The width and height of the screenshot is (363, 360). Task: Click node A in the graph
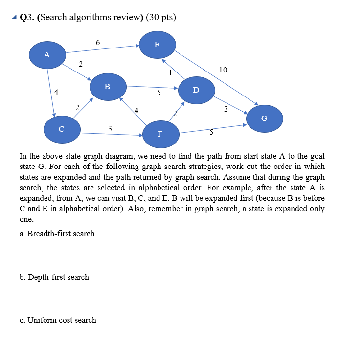[x=47, y=55]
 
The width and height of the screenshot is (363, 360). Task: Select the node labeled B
[x=108, y=87]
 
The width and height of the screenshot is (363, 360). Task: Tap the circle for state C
[x=62, y=129]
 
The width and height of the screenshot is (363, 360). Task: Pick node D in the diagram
[x=196, y=90]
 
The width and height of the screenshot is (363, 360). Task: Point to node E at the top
[x=157, y=44]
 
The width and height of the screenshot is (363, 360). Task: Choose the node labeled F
[x=160, y=134]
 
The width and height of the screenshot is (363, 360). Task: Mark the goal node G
[x=264, y=118]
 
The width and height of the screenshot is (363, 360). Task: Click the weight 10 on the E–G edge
[x=223, y=70]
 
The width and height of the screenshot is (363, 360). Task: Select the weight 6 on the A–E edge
[x=98, y=43]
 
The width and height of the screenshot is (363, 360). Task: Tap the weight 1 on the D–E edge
[x=170, y=73]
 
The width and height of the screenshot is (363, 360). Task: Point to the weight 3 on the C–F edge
[x=110, y=128]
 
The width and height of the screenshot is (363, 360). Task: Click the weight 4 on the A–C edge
[x=56, y=92]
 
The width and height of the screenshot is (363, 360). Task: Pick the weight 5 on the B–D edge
[x=159, y=92]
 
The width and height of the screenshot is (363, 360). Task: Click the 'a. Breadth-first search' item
[x=57, y=233]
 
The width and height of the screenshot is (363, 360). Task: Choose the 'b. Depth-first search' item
[x=54, y=277]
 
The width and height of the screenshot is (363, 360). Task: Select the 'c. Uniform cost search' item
[x=58, y=320]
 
